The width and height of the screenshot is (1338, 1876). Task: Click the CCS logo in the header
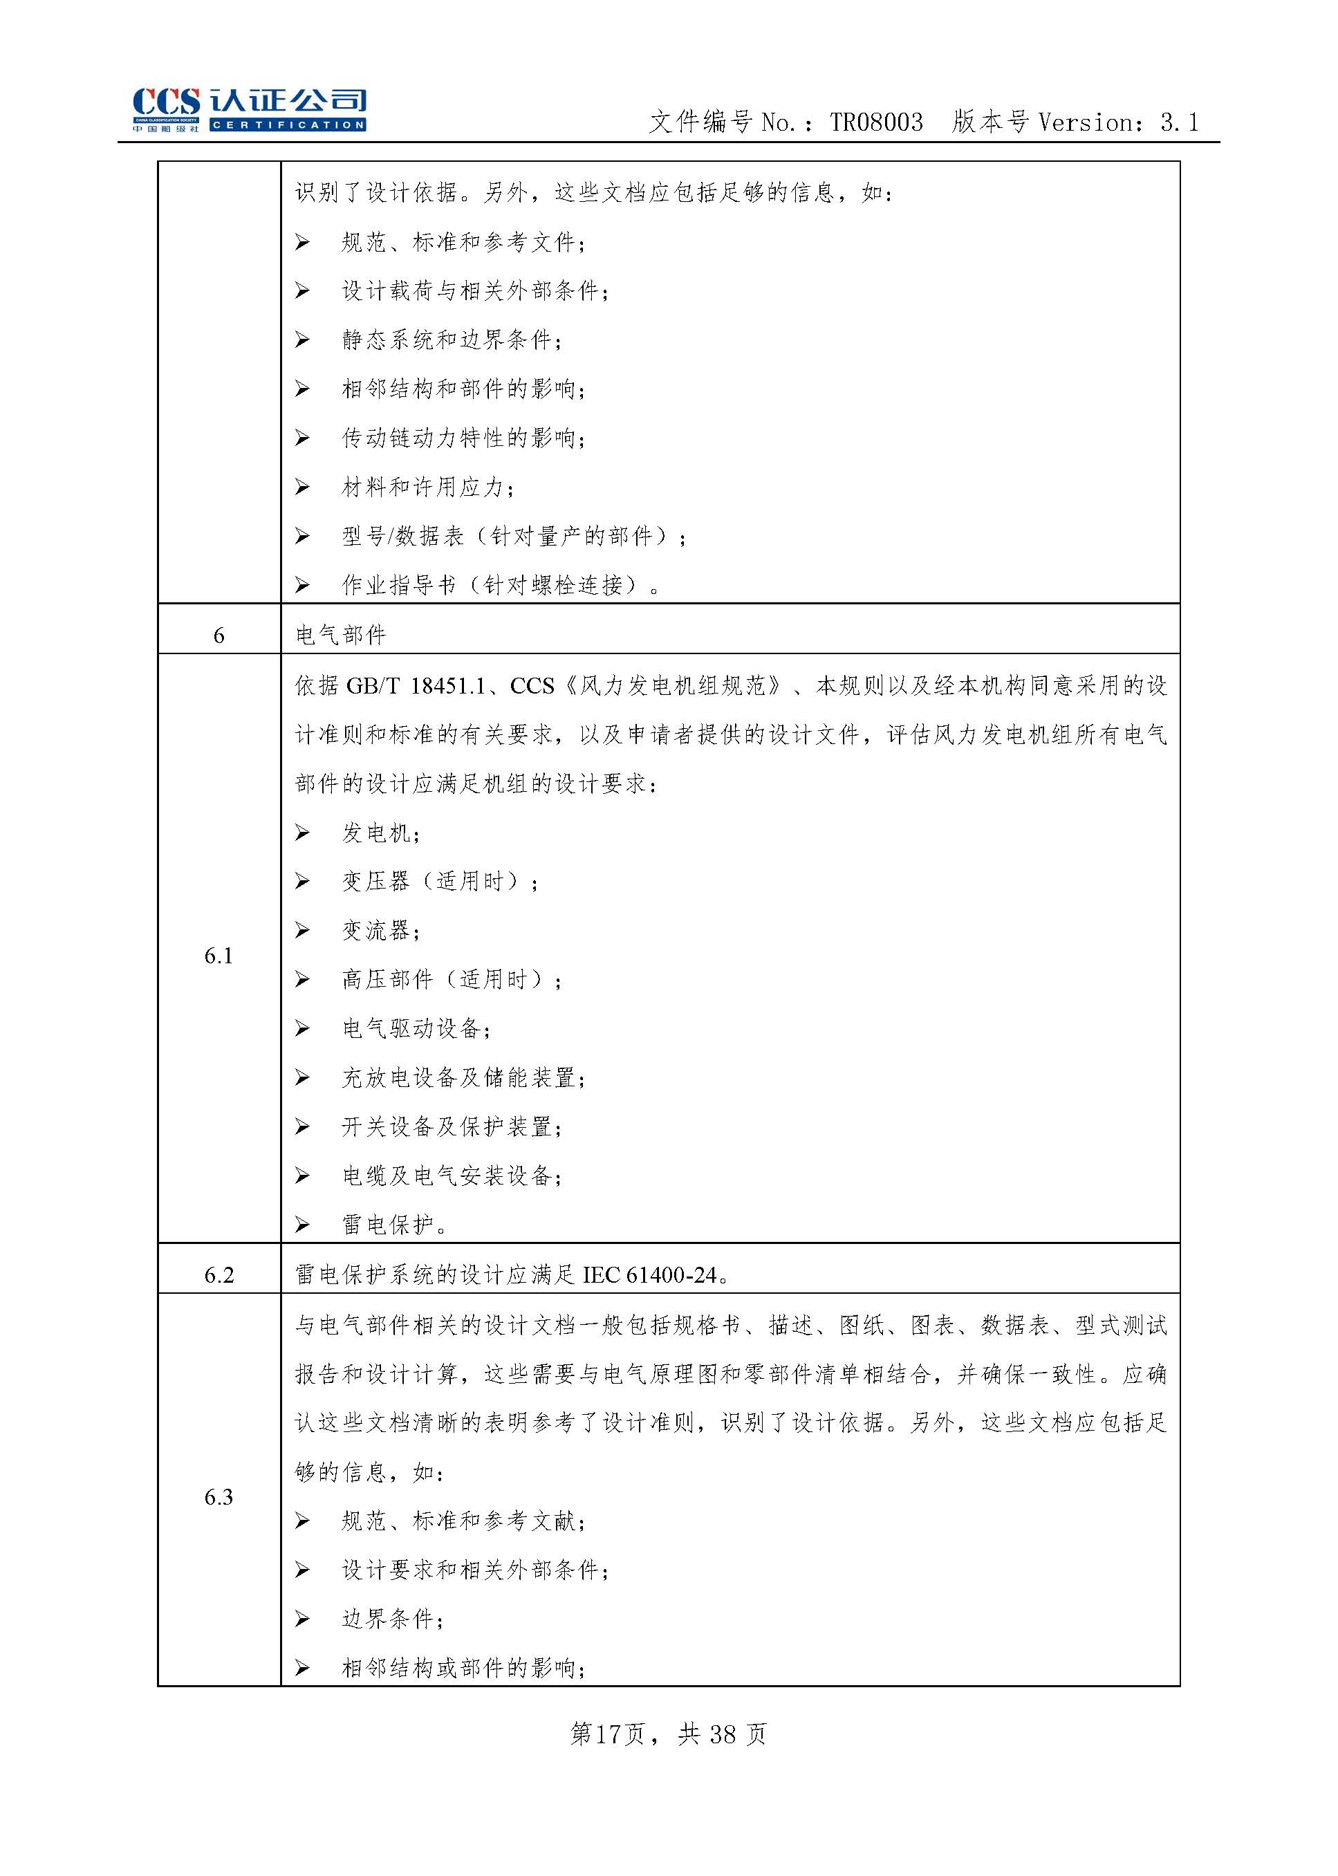[249, 109]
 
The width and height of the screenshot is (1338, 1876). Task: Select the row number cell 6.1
[219, 956]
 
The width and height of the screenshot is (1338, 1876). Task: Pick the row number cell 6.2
[219, 1275]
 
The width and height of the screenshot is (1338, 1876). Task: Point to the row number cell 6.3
[219, 1497]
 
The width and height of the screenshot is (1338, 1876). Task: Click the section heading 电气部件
[341, 635]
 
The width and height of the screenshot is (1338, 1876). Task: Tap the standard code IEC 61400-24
[650, 1275]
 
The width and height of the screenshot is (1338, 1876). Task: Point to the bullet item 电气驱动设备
[416, 1029]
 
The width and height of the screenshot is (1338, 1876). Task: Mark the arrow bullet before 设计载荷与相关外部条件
[302, 291]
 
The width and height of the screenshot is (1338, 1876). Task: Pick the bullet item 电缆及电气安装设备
[451, 1176]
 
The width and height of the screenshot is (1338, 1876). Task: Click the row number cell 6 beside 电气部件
[219, 635]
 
